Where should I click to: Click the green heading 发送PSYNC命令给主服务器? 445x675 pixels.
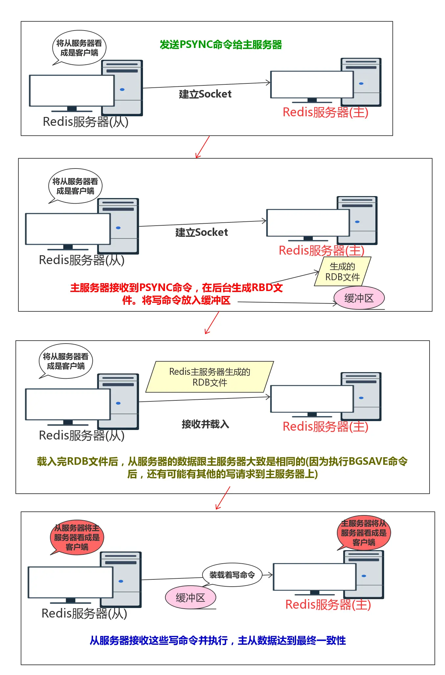[x=221, y=44]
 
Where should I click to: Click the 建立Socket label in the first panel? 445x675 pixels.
[x=205, y=94]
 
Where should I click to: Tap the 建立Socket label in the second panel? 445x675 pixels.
[x=201, y=233]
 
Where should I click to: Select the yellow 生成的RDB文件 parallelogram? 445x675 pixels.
[x=342, y=272]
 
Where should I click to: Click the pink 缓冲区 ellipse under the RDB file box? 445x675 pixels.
[x=359, y=298]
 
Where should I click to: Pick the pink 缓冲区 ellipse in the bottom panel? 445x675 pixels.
[x=190, y=597]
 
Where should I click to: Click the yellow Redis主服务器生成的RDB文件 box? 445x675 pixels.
[x=210, y=377]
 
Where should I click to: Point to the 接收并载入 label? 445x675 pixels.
[x=205, y=424]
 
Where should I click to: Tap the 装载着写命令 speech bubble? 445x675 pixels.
[x=232, y=575]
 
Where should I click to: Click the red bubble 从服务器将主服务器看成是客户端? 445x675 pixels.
[x=77, y=537]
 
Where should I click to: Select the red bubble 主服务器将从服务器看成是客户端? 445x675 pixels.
[x=363, y=533]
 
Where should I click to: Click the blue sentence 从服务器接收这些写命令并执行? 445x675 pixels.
[x=218, y=641]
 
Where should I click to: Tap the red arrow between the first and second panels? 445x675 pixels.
[x=202, y=147]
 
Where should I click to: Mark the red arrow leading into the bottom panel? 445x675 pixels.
[x=223, y=498]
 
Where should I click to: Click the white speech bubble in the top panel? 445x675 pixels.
[x=79, y=48]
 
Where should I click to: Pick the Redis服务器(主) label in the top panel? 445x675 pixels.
[x=325, y=112]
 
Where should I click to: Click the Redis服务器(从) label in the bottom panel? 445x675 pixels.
[x=84, y=614]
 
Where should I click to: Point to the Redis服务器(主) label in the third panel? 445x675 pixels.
[x=325, y=427]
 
